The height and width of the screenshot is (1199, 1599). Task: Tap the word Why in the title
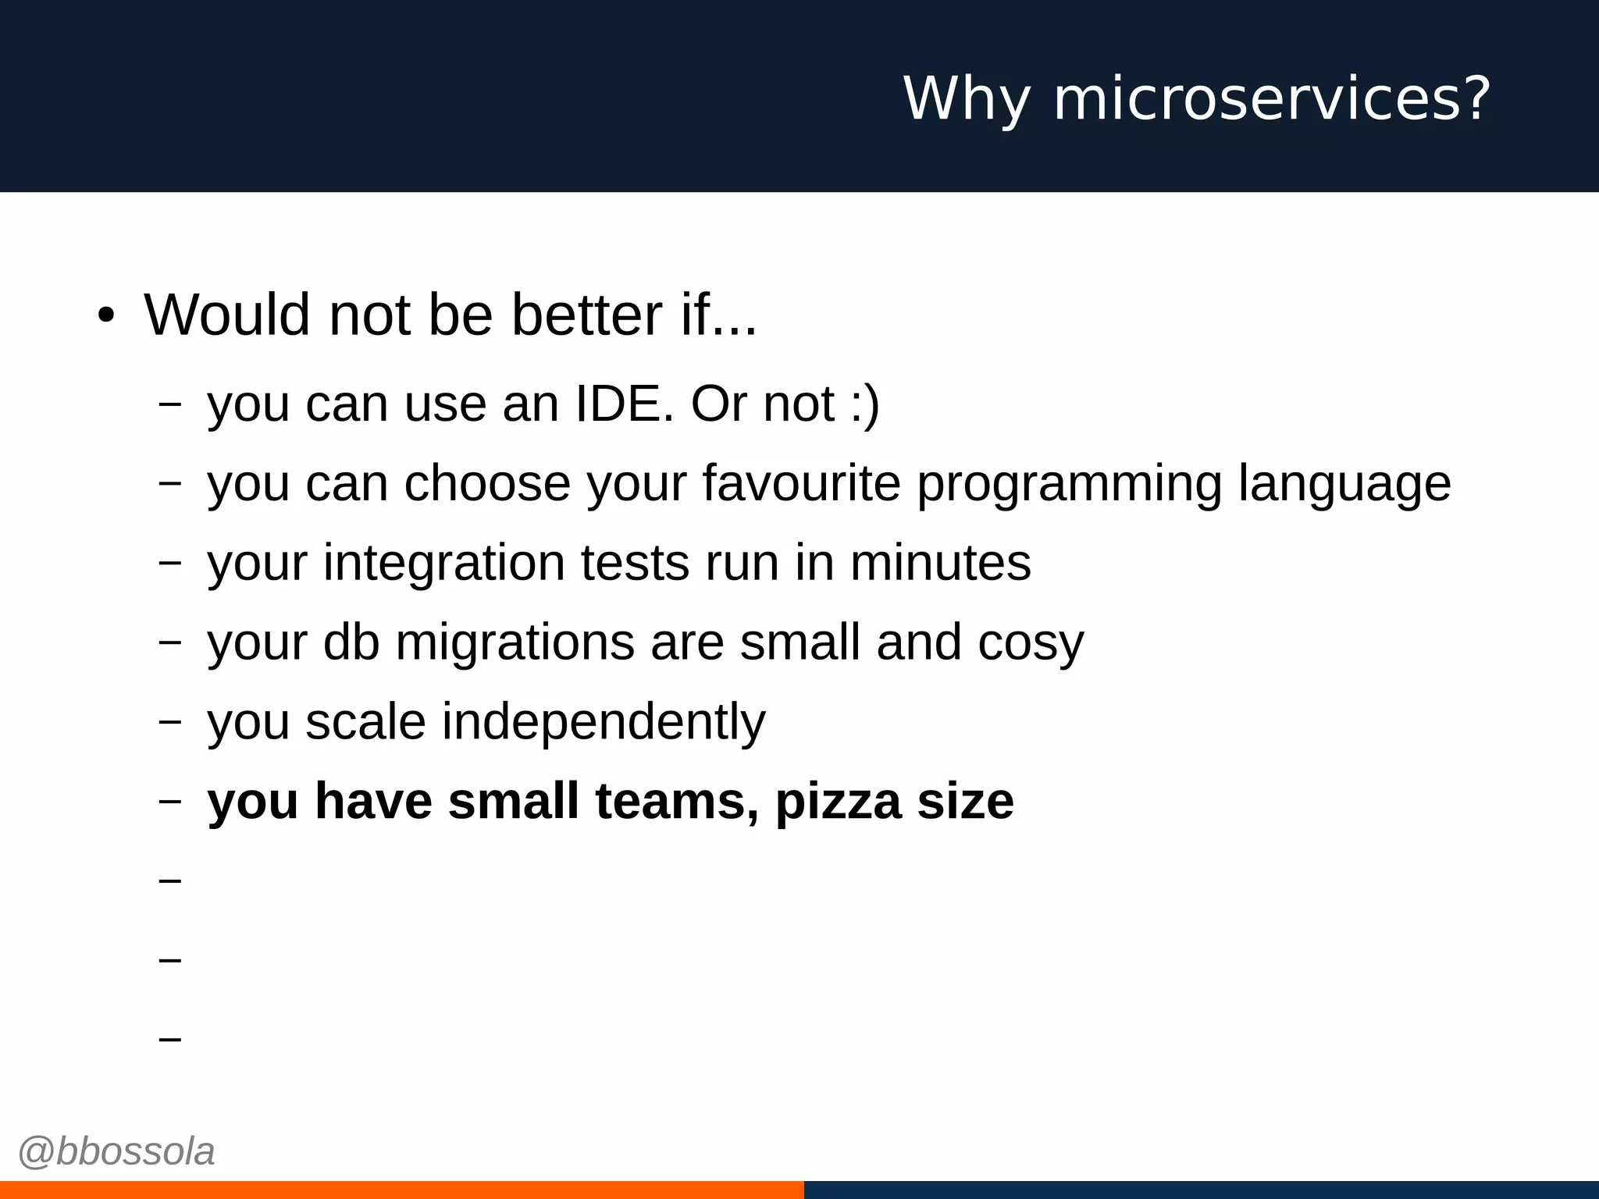[x=966, y=100]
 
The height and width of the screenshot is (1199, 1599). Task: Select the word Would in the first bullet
[x=226, y=315]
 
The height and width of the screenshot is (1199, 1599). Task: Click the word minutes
[x=940, y=563]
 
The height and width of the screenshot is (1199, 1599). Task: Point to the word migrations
[x=515, y=644]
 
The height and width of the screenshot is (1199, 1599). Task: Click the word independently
[x=604, y=723]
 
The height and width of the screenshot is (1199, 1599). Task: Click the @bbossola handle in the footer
[x=116, y=1152]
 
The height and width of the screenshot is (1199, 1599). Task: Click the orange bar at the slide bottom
[x=401, y=1190]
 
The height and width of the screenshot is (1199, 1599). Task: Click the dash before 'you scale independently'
[x=169, y=722]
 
